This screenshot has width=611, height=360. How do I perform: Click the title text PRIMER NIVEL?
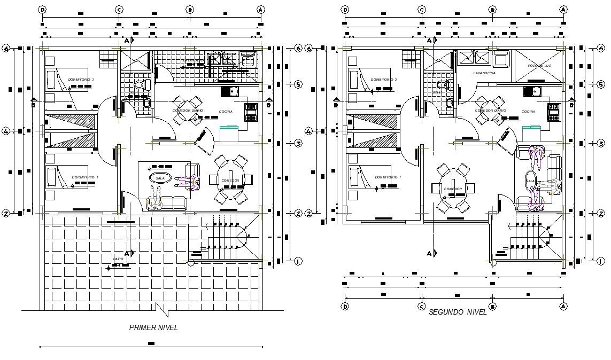click(153, 328)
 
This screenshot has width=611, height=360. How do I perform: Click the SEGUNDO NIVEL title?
click(458, 312)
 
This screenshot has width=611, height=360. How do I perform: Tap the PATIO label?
click(118, 259)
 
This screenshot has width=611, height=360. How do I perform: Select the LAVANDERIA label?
click(484, 73)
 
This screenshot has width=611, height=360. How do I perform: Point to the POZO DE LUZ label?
click(539, 65)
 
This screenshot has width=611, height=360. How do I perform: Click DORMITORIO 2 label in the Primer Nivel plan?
click(81, 80)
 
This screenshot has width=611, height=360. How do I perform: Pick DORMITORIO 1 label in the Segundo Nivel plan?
click(388, 177)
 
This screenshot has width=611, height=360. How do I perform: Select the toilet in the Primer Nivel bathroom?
click(140, 84)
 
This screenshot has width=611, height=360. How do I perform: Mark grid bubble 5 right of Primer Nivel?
click(298, 84)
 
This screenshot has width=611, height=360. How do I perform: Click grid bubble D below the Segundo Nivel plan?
click(345, 306)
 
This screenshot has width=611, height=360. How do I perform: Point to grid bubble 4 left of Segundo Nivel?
click(308, 131)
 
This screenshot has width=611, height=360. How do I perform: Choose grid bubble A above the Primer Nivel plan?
click(260, 10)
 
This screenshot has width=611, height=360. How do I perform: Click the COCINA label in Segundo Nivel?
click(528, 112)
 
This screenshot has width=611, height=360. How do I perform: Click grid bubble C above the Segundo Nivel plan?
click(422, 10)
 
